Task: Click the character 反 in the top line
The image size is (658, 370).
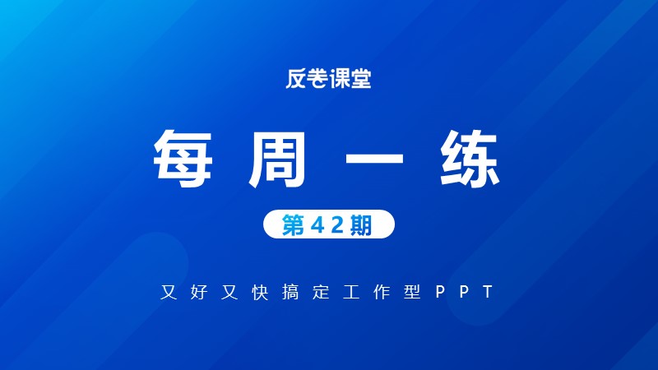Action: click(x=296, y=78)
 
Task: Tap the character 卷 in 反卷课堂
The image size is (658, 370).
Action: click(x=317, y=78)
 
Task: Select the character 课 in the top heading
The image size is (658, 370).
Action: click(x=340, y=78)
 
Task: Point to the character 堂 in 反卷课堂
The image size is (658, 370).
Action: click(x=361, y=78)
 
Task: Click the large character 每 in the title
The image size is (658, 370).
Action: click(x=183, y=158)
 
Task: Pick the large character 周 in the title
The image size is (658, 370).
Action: click(x=277, y=158)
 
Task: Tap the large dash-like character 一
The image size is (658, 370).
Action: click(x=374, y=158)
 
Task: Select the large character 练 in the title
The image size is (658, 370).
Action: click(x=470, y=158)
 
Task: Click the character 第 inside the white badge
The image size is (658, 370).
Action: click(x=293, y=224)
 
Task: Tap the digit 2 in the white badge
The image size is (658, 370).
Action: click(x=337, y=225)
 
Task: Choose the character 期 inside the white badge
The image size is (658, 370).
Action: click(x=361, y=224)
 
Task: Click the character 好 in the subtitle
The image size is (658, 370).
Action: click(x=199, y=292)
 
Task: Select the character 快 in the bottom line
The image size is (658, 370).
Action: click(x=260, y=292)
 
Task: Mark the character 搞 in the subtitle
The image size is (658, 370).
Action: click(x=290, y=292)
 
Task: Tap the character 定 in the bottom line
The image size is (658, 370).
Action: click(x=321, y=292)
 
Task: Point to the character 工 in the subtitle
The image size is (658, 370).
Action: click(x=351, y=292)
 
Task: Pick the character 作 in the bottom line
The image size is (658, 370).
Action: click(x=382, y=292)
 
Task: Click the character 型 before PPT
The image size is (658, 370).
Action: click(x=412, y=292)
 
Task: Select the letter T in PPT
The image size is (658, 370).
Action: click(x=488, y=292)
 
